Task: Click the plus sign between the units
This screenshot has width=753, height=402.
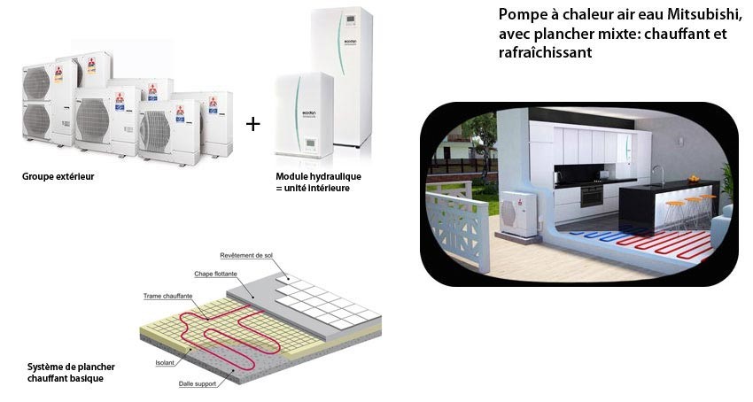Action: [253, 124]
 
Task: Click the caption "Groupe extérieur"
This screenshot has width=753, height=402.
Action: [58, 176]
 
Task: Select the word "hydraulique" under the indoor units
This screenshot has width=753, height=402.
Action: [337, 177]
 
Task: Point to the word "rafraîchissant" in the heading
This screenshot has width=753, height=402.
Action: [545, 53]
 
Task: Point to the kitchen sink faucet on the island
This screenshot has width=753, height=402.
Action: [657, 174]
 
